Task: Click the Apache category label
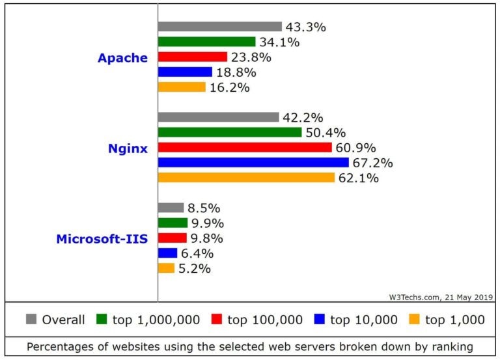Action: click(x=122, y=58)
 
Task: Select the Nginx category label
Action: click(x=128, y=148)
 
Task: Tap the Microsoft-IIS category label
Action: click(x=102, y=239)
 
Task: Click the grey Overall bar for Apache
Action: click(x=220, y=27)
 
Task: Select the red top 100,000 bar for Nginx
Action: click(x=245, y=147)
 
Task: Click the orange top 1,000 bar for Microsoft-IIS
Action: click(x=167, y=268)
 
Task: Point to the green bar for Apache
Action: click(x=207, y=42)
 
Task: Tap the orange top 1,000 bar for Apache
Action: click(x=182, y=87)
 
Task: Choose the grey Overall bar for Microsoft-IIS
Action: click(x=171, y=208)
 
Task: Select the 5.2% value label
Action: click(x=195, y=269)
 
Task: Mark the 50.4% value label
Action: click(x=325, y=133)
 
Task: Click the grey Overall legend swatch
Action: click(x=31, y=319)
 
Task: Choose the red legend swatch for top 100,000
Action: click(x=217, y=319)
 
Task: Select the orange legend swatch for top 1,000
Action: click(x=414, y=319)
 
